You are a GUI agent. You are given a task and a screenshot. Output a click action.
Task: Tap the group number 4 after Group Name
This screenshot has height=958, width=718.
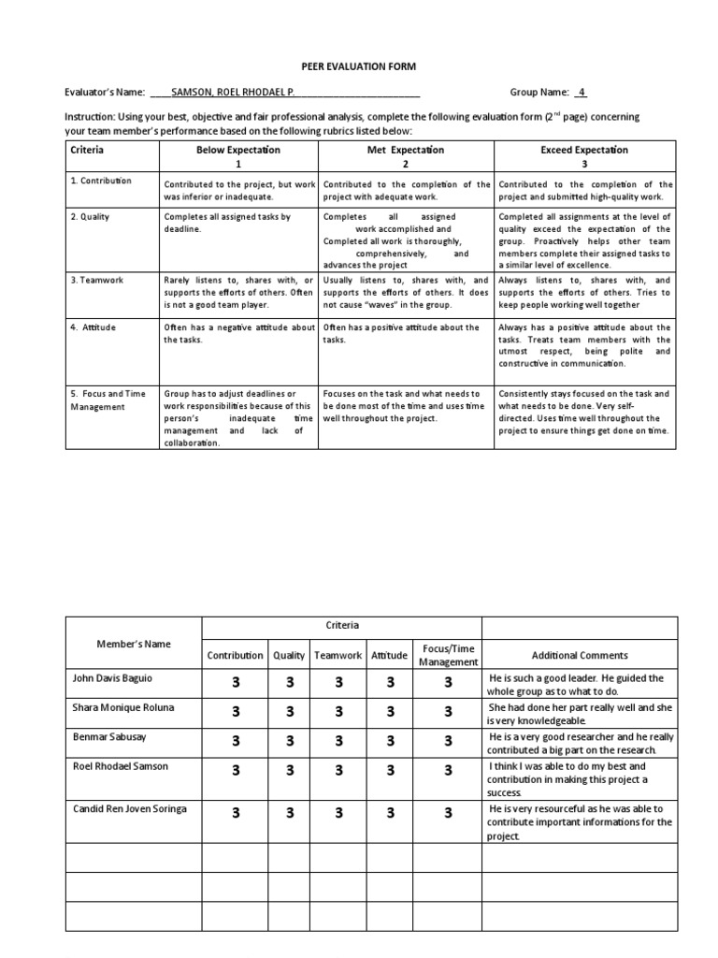[581, 92]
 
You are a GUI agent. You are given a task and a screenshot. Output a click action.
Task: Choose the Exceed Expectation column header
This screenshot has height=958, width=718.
[584, 150]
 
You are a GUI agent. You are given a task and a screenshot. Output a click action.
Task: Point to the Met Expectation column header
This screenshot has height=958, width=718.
[406, 150]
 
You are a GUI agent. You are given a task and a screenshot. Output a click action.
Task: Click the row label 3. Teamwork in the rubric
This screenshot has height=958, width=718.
[97, 280]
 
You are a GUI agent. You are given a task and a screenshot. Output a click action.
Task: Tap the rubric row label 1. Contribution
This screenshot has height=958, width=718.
[102, 181]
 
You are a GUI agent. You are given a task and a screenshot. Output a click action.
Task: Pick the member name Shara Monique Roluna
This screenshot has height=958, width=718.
[123, 707]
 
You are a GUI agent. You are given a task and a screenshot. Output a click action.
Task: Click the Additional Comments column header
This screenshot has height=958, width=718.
[580, 656]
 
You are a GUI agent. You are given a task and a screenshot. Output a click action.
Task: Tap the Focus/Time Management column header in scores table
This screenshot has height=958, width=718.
[448, 655]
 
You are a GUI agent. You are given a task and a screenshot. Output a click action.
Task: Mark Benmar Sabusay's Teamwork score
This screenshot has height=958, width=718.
[339, 740]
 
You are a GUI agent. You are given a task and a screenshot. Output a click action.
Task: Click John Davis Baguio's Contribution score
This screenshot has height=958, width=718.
[236, 685]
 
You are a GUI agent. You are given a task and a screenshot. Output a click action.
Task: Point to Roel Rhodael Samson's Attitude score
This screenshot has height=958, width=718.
[390, 770]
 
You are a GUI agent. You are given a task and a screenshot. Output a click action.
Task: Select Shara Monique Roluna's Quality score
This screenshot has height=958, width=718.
[290, 713]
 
